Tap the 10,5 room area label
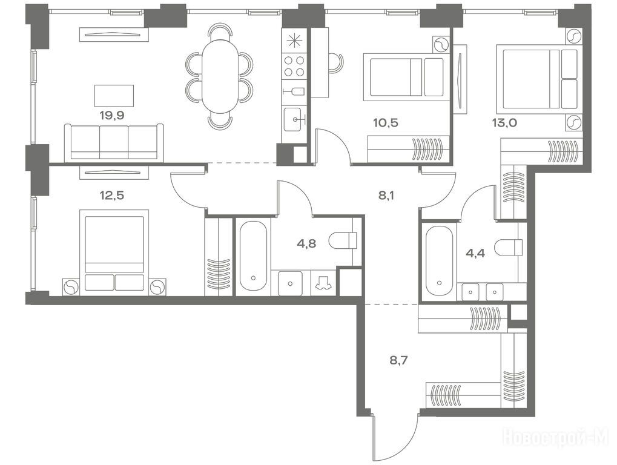386,123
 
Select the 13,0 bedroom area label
504,123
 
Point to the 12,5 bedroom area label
112,195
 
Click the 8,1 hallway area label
386,195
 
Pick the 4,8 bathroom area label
306,243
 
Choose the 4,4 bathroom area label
475,252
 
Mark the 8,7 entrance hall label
399,360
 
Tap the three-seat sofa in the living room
114,142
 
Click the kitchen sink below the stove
293,119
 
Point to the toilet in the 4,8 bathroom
343,240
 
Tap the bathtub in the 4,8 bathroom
253,256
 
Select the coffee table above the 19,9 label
114,95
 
